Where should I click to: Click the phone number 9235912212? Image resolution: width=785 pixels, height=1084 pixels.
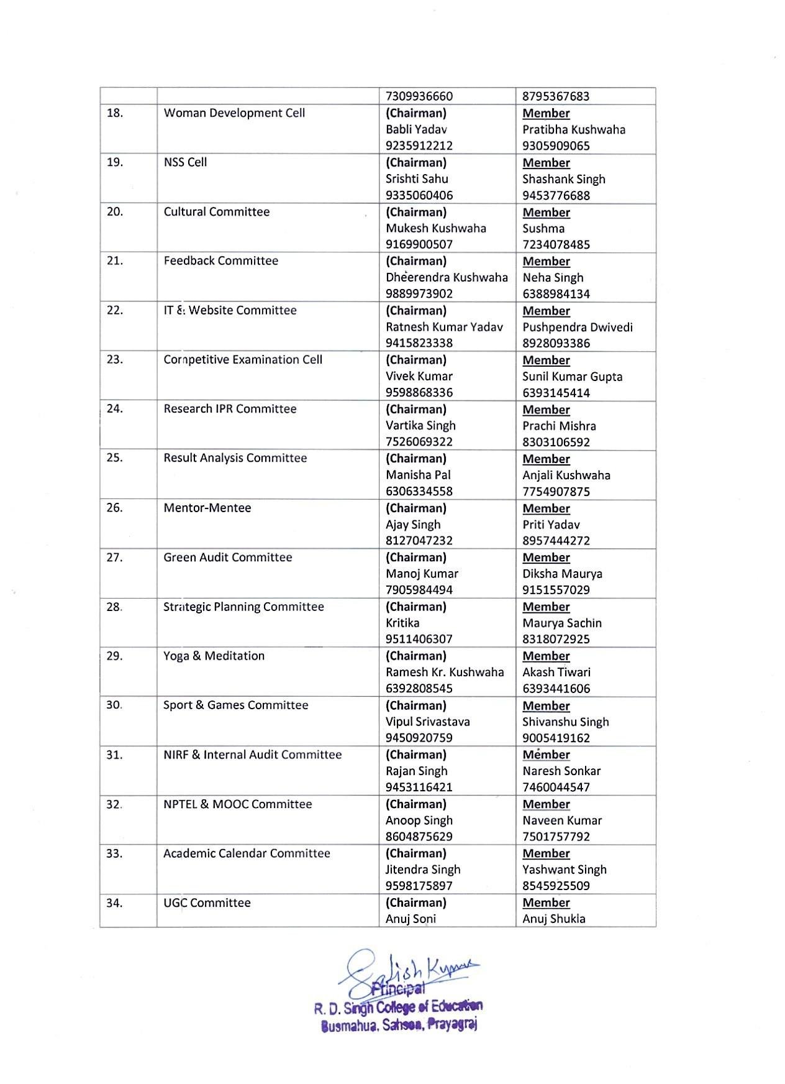[419, 146]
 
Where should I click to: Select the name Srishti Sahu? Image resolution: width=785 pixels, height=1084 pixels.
[417, 179]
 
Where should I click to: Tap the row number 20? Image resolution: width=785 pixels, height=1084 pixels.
[115, 212]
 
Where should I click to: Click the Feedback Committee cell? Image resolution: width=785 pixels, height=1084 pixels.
[220, 261]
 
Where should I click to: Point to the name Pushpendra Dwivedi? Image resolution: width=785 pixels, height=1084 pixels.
[577, 327]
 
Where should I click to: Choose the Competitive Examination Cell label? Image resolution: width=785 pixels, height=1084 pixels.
[243, 360]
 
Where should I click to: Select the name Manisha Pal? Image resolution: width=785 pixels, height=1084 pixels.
[418, 475]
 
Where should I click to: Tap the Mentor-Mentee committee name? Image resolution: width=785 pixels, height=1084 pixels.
[207, 508]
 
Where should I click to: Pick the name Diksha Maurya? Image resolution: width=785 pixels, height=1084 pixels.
[562, 574]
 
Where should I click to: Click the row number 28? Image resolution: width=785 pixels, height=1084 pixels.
[114, 607]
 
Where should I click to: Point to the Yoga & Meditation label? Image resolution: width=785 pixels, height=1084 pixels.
[214, 656]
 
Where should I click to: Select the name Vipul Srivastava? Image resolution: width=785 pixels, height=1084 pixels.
[427, 722]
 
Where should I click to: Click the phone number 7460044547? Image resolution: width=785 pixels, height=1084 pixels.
[556, 787]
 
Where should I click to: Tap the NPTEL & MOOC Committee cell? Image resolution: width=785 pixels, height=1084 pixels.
[237, 804]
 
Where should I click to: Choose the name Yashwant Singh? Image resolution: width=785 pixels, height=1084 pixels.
[564, 870]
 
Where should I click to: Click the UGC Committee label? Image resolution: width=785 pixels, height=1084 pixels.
[207, 903]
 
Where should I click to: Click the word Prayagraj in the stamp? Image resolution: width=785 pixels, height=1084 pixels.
[453, 1024]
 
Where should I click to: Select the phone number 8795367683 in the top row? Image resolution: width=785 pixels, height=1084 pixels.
[556, 96]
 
